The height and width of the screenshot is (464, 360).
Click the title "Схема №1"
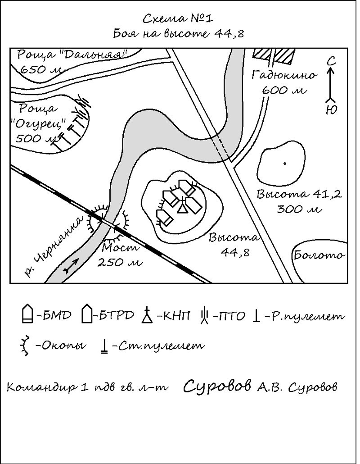[178, 18]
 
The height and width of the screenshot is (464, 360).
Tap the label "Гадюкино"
[284, 75]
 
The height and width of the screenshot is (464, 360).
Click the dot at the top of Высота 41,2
[285, 164]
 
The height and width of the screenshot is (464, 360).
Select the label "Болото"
[319, 255]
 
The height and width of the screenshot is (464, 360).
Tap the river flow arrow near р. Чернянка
[71, 265]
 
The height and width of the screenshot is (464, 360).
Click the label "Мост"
[120, 247]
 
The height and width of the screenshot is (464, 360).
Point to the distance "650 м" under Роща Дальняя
[41, 70]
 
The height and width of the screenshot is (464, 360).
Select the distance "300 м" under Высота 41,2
[299, 209]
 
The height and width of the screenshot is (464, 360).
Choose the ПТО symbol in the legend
[205, 315]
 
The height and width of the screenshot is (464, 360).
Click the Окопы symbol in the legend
[25, 345]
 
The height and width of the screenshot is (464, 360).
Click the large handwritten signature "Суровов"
[217, 386]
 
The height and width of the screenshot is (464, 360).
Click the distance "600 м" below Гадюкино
[284, 90]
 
